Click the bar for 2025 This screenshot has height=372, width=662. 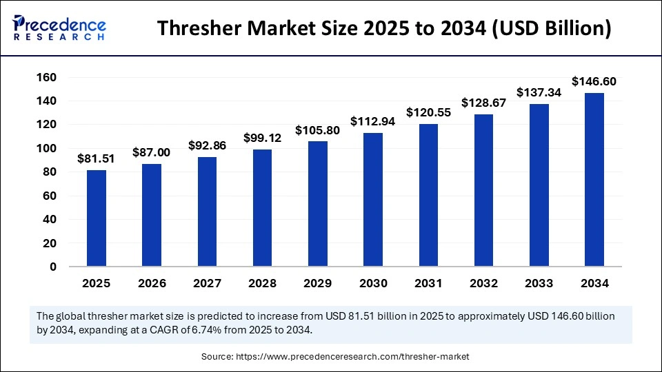click(97, 218)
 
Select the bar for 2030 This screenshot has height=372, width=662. click(373, 199)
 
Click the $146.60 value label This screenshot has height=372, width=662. click(594, 82)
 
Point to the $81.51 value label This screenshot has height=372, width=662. click(97, 158)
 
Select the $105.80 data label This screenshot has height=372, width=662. click(317, 130)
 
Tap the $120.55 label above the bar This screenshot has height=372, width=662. click(428, 112)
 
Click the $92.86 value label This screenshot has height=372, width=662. click(207, 146)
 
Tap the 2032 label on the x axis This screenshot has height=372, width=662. click(483, 283)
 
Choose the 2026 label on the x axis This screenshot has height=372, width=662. click(152, 283)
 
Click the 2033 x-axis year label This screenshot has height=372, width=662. click(539, 283)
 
